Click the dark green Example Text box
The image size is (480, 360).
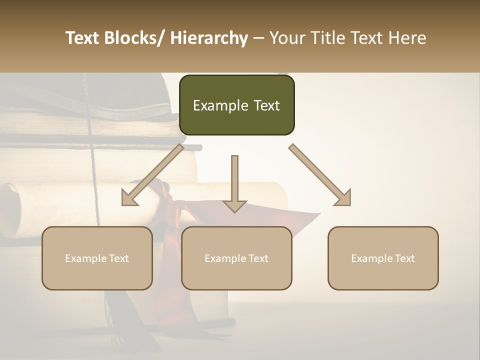pyautogui.click(x=236, y=105)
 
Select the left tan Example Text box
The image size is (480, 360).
pyautogui.click(x=97, y=258)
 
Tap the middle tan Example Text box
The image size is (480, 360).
pyautogui.click(x=236, y=258)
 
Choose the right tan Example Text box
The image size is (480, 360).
pyautogui.click(x=383, y=258)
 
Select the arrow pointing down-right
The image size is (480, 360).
pyautogui.click(x=317, y=172)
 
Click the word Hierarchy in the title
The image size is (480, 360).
pyautogui.click(x=209, y=38)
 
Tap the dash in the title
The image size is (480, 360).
pyautogui.click(x=258, y=38)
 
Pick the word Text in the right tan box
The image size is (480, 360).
pyautogui.click(x=404, y=258)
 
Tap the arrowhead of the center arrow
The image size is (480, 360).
pyautogui.click(x=234, y=205)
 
